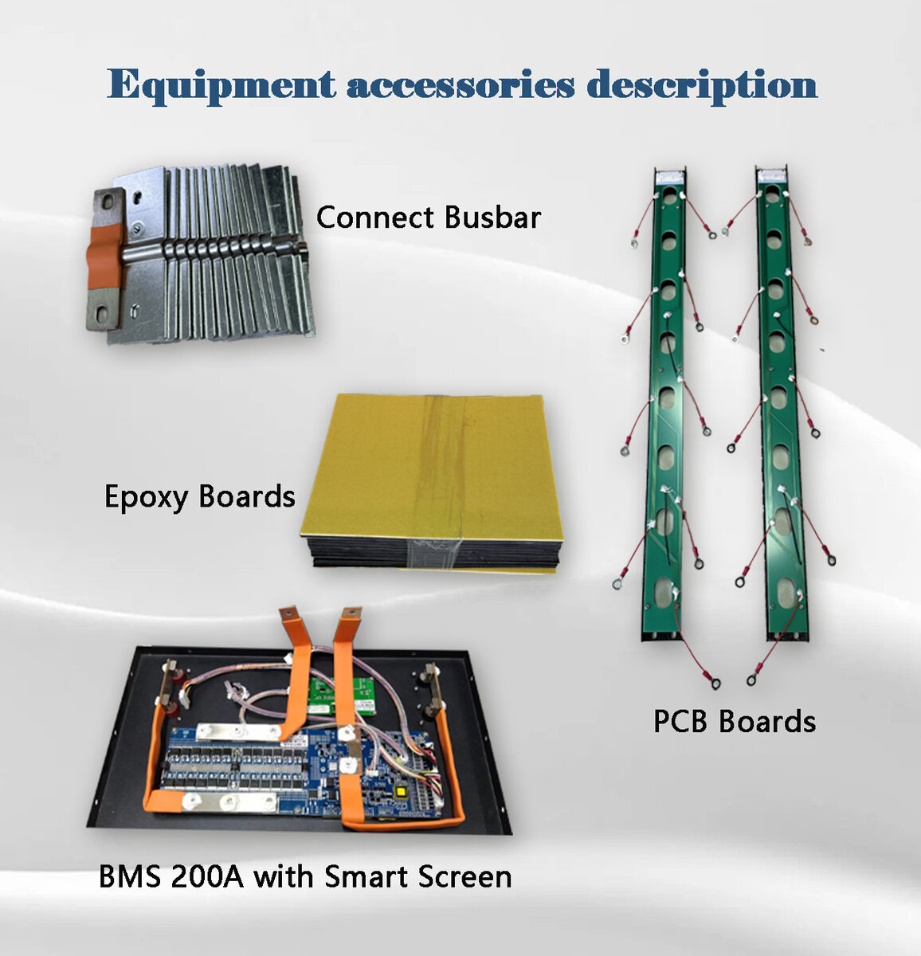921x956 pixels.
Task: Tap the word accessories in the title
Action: tap(461, 84)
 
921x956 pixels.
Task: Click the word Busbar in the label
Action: tap(492, 217)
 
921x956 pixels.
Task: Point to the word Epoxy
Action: tap(147, 497)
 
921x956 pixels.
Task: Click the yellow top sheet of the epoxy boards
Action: tap(426, 467)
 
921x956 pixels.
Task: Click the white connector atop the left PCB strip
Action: tap(669, 176)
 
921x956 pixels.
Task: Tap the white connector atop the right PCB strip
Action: tap(772, 175)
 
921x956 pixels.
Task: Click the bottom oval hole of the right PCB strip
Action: tap(787, 591)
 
